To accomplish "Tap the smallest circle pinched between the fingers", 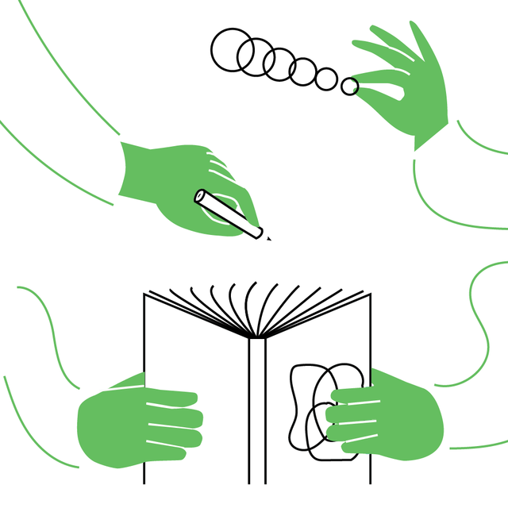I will pos(349,87).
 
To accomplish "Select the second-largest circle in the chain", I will pos(256,56).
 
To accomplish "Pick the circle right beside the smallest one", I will pos(326,79).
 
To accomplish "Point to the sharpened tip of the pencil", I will pos(268,238).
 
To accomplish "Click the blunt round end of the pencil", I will pos(200,195).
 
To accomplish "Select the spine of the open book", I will pos(256,413).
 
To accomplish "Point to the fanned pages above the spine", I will pos(256,306).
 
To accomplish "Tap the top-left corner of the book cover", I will pos(144,294).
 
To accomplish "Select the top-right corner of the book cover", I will pos(370,294).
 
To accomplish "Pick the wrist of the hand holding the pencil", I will pos(131,171).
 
